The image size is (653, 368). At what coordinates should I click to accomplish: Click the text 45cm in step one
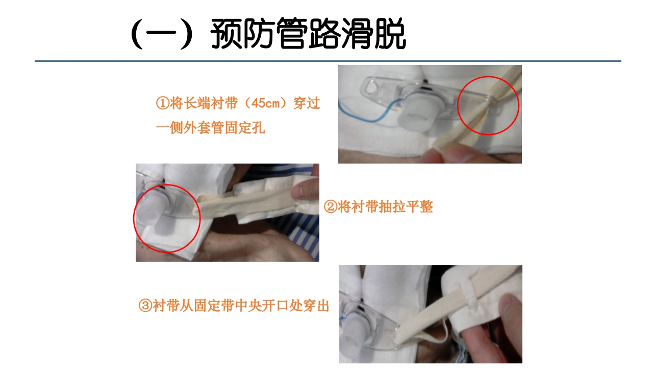click(x=266, y=104)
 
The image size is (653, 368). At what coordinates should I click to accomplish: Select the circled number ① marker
click(x=162, y=104)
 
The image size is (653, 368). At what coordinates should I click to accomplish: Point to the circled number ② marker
click(x=330, y=207)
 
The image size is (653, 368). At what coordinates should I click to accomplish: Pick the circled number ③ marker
click(x=145, y=306)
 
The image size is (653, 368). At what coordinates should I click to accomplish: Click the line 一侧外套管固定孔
click(x=210, y=128)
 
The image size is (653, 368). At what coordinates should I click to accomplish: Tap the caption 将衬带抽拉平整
click(x=385, y=207)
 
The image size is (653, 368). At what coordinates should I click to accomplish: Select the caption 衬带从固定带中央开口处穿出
click(x=241, y=306)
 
